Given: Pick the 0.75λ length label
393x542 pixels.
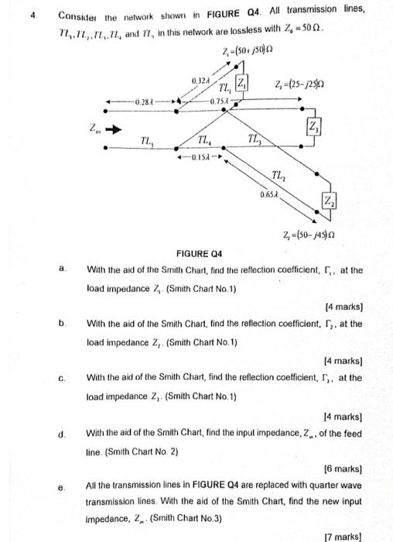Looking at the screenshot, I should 219,101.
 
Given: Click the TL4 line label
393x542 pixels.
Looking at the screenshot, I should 205,140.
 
